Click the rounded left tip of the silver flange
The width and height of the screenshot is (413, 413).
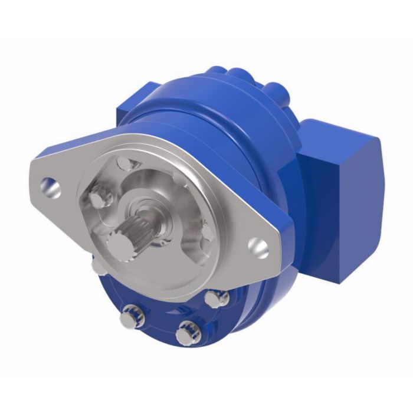34,171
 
